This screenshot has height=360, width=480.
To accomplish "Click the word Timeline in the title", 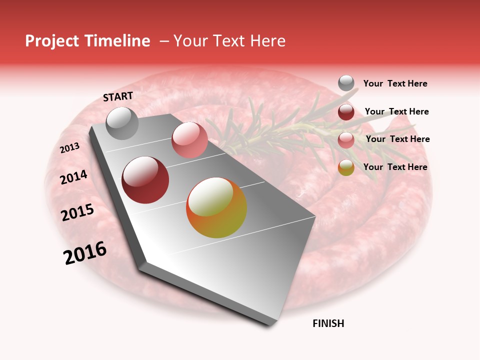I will coord(118,41).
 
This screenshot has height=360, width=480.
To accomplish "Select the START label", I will coord(118,96).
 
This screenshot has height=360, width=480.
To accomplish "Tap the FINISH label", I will coord(328,323).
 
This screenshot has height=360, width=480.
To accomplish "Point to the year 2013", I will coord(70,148).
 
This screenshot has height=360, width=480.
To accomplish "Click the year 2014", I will coord(74,177).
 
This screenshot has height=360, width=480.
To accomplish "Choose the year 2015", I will coord(77,212).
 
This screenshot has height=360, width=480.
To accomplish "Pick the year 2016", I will coord(85,253).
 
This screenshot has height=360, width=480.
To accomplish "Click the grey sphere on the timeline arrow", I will coord(122,123).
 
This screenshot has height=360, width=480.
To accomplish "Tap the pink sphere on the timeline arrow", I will coord(189,140).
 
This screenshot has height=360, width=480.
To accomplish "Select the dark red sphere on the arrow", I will coord(145,180).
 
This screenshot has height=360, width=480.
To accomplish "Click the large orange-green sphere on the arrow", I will coord(216,207).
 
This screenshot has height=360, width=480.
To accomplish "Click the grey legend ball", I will coord(346,83).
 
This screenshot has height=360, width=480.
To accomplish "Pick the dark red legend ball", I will coord(346,112).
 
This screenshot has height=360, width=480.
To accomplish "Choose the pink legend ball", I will coord(346,140).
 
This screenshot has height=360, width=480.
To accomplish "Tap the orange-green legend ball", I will coord(346,167).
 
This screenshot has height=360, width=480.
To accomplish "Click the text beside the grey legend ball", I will coord(395,84).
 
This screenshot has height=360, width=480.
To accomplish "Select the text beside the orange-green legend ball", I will coord(395,167).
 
